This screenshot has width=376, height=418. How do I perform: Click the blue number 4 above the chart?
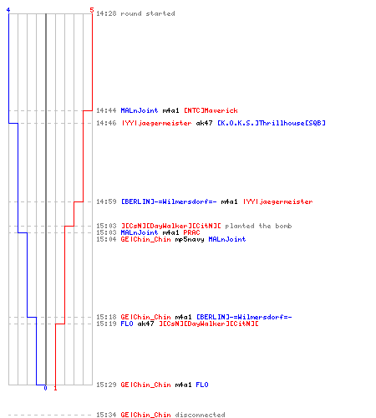pyautogui.click(x=8, y=10)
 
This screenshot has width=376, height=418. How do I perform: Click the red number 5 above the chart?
pyautogui.click(x=92, y=10)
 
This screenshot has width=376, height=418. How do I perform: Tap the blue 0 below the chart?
pyautogui.click(x=45, y=388)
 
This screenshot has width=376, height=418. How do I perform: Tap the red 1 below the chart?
pyautogui.click(x=55, y=388)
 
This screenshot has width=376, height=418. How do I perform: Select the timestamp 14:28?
pyautogui.click(x=106, y=13)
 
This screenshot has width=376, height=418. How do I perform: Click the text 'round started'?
pyautogui.click(x=148, y=13)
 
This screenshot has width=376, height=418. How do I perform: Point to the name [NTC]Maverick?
pyautogui.click(x=211, y=110)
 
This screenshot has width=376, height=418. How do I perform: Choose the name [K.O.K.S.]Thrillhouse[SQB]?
pyautogui.click(x=272, y=123)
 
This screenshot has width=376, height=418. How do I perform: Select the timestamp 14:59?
pyautogui.click(x=106, y=201)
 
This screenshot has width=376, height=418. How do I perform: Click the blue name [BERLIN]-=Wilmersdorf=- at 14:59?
pyautogui.click(x=169, y=201)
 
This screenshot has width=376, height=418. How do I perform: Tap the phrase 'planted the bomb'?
pyautogui.click(x=258, y=226)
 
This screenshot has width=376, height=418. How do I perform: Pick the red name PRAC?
pyautogui.click(x=191, y=232)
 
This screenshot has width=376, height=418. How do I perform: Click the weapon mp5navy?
pyautogui.click(x=190, y=239)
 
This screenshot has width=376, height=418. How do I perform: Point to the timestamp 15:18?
pyautogui.click(x=106, y=317)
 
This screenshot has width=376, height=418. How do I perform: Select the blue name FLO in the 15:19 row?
pyautogui.click(x=127, y=324)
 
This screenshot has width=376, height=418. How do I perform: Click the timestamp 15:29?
pyautogui.click(x=106, y=385)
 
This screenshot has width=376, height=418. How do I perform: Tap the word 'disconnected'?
pyautogui.click(x=200, y=415)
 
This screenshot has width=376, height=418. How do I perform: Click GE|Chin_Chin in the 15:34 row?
pyautogui.click(x=145, y=415)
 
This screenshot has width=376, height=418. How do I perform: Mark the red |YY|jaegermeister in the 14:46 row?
pyautogui.click(x=156, y=123)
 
